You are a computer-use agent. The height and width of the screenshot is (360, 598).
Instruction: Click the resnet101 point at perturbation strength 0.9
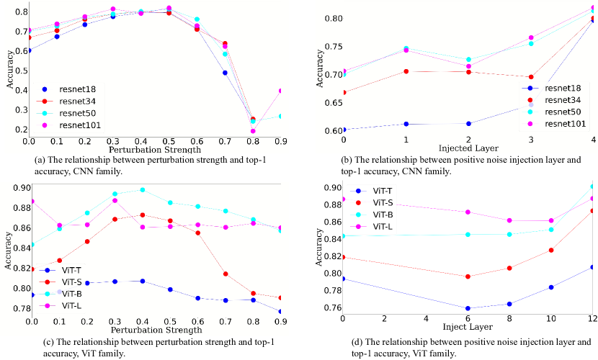tap(280, 91)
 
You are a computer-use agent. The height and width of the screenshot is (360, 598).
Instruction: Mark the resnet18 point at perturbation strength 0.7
tap(226, 73)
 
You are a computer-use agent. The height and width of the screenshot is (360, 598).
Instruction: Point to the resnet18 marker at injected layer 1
tap(406, 124)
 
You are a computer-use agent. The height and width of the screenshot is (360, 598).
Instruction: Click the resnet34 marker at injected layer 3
tap(532, 76)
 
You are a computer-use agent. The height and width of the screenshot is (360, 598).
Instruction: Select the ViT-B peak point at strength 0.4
tap(142, 189)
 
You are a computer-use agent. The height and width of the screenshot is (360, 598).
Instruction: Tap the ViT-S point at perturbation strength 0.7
tap(226, 274)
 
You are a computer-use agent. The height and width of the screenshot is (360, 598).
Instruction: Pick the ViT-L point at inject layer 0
tap(343, 199)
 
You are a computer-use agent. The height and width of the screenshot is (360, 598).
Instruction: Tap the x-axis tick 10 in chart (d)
tap(550, 319)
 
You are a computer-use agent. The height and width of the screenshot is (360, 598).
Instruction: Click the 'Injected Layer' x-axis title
tap(468, 148)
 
